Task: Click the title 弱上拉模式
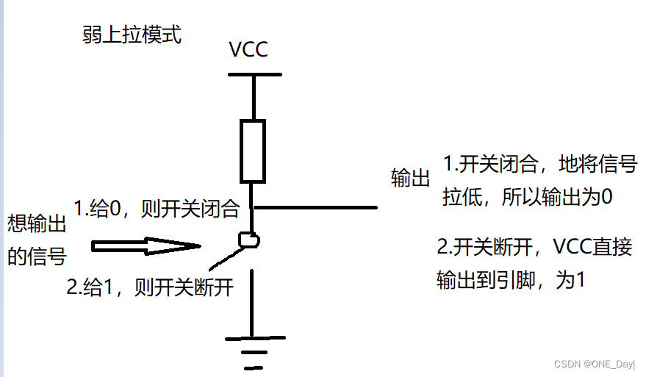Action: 132,35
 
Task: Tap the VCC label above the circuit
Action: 248,50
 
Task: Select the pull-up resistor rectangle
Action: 253,151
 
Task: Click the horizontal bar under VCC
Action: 254,74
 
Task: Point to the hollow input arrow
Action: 147,246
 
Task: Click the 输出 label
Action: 410,179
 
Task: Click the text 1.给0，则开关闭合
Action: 157,208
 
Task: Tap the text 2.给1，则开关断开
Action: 150,287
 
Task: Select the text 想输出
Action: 37,223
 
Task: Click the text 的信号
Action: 37,256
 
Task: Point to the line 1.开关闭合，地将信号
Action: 539,165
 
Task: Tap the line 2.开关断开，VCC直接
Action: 534,247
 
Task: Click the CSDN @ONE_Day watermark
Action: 594,363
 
